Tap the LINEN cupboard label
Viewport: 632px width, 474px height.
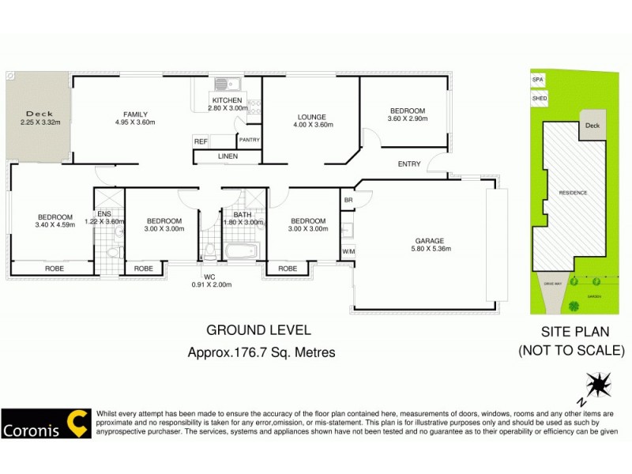pyautogui.click(x=227, y=157)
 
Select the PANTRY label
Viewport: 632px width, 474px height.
pyautogui.click(x=250, y=140)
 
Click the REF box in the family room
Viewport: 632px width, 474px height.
pyautogui.click(x=201, y=141)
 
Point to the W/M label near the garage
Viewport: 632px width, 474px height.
pyautogui.click(x=348, y=252)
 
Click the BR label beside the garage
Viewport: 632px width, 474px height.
pyautogui.click(x=348, y=201)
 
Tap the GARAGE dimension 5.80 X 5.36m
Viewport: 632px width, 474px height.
pyautogui.click(x=430, y=250)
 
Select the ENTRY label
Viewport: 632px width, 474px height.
pyautogui.click(x=409, y=164)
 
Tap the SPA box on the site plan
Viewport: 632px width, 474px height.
pyautogui.click(x=539, y=81)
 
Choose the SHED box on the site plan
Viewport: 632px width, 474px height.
pyautogui.click(x=539, y=99)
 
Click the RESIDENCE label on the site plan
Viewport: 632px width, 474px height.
pyautogui.click(x=573, y=192)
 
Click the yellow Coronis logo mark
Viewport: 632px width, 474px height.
pyautogui.click(x=77, y=423)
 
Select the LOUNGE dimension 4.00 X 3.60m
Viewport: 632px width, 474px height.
pyautogui.click(x=312, y=125)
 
